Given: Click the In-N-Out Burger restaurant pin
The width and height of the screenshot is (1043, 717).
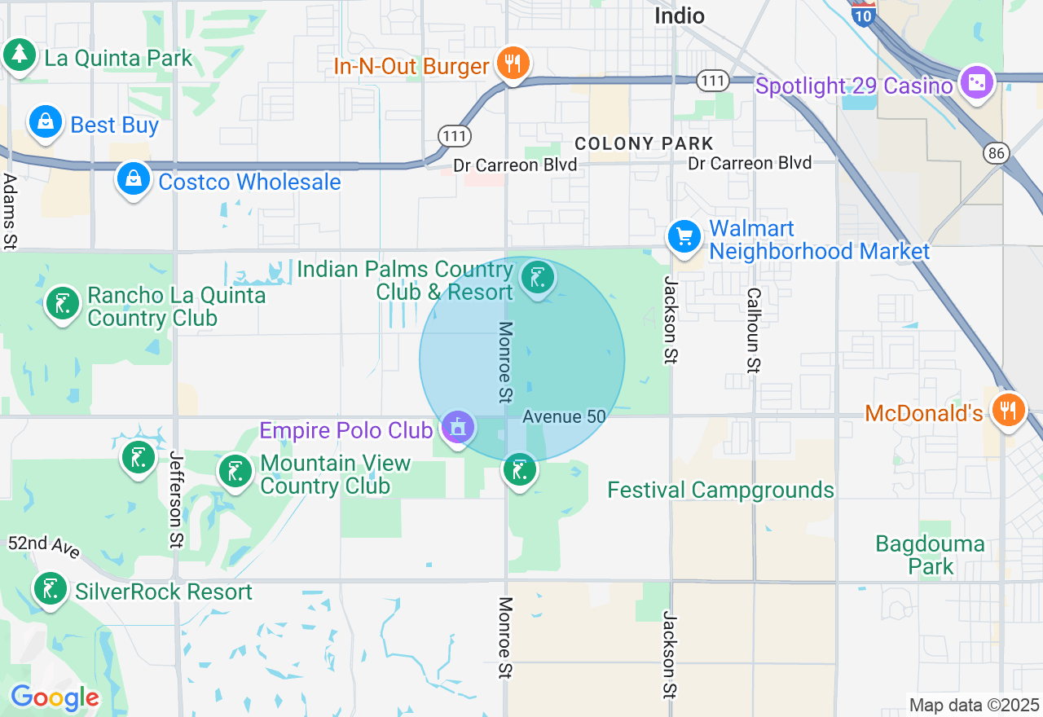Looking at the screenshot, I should [512, 64].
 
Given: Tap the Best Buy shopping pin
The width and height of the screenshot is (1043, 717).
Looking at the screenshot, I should [46, 123].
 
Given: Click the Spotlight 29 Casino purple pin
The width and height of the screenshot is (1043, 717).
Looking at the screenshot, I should [976, 83].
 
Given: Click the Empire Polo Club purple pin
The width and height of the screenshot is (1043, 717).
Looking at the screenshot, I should [458, 426].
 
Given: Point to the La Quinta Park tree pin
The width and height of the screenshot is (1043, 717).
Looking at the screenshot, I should [20, 55].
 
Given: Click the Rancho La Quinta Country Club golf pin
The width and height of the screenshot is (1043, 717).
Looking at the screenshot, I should [63, 304].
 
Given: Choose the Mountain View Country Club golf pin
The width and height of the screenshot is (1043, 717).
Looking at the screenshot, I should [236, 471].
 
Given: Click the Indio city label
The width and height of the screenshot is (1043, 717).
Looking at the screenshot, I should [680, 15].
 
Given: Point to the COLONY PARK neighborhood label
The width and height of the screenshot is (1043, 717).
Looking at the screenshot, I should [644, 143].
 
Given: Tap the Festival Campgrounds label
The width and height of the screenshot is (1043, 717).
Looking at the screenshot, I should [721, 490].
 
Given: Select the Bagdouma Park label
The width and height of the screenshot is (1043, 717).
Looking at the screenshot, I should [930, 555].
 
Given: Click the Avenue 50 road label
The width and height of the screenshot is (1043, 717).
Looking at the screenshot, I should [564, 416].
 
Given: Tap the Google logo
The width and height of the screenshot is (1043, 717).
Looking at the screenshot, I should [55, 697].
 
